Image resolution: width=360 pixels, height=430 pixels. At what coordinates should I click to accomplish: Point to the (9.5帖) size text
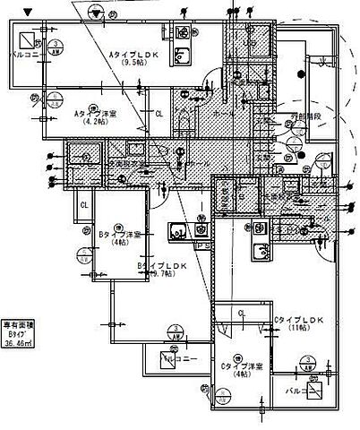click(x=133, y=64)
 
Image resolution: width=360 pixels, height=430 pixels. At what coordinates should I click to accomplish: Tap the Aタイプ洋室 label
click(x=91, y=114)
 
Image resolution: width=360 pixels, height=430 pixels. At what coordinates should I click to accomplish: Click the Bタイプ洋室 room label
click(x=116, y=235)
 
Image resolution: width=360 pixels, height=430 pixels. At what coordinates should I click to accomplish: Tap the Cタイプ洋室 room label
click(x=242, y=365)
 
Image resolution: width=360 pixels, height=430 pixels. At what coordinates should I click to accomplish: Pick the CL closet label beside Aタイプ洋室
click(x=159, y=114)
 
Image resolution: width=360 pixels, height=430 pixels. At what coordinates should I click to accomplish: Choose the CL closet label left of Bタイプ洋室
click(x=83, y=206)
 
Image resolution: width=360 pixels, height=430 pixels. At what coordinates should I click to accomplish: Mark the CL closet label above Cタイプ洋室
click(x=242, y=313)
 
